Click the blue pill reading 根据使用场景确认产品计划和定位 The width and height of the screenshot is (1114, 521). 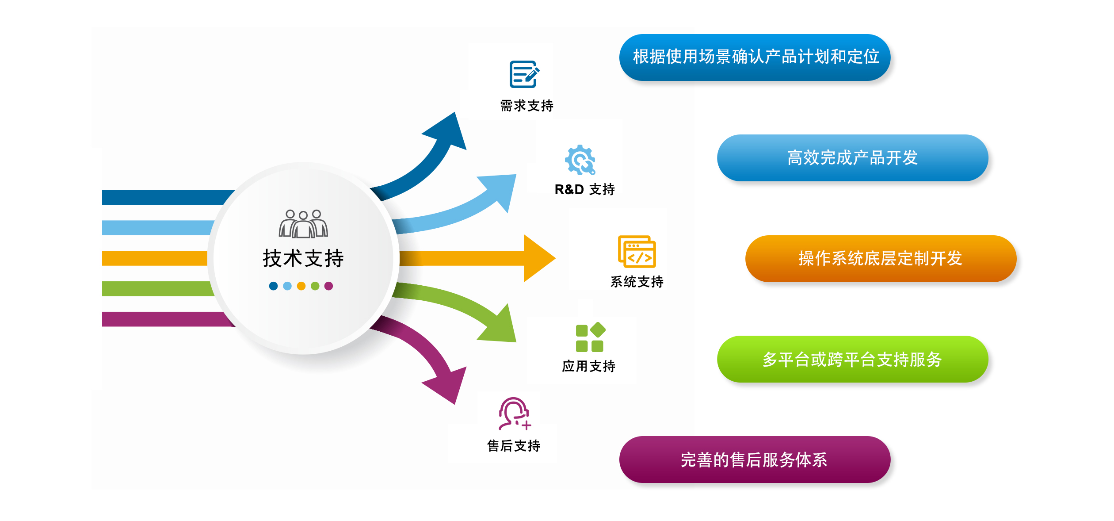pyautogui.click(x=755, y=57)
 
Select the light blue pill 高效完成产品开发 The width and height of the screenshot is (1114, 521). pyautogui.click(x=852, y=158)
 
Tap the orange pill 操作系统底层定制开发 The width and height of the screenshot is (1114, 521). pyautogui.click(x=881, y=259)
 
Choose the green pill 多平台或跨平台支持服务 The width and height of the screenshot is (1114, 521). pyautogui.click(x=852, y=359)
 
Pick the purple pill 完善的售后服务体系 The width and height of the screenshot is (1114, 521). pyautogui.click(x=755, y=460)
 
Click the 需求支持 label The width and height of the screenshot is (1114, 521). pyautogui.click(x=526, y=106)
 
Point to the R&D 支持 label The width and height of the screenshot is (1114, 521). pyautogui.click(x=584, y=189)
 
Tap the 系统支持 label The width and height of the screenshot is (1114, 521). pyautogui.click(x=637, y=281)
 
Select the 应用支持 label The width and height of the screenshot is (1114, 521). pyautogui.click(x=588, y=366)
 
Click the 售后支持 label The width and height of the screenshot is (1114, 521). pyautogui.click(x=513, y=445)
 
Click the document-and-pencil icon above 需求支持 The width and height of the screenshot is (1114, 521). pyautogui.click(x=524, y=74)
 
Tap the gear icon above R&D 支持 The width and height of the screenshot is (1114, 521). pyautogui.click(x=580, y=160)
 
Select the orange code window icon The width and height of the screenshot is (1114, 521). pyautogui.click(x=637, y=252)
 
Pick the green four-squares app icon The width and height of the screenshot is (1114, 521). pyautogui.click(x=590, y=337)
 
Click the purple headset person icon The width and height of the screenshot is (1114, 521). pyautogui.click(x=514, y=414)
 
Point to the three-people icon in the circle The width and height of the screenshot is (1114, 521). pyautogui.click(x=303, y=224)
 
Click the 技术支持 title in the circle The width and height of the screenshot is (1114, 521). pyautogui.click(x=303, y=258)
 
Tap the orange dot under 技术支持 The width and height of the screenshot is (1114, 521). pyautogui.click(x=301, y=286)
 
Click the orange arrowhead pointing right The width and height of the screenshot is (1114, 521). pyautogui.click(x=537, y=258)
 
